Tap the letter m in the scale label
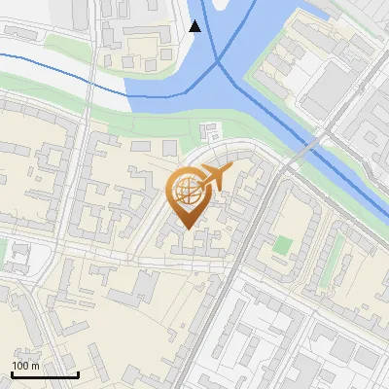[35, 366]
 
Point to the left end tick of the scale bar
[11, 372]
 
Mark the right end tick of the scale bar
[78, 372]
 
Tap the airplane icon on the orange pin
[216, 177]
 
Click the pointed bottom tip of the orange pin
[190, 231]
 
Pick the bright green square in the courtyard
[281, 243]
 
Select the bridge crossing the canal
[305, 151]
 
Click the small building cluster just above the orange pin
[208, 133]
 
